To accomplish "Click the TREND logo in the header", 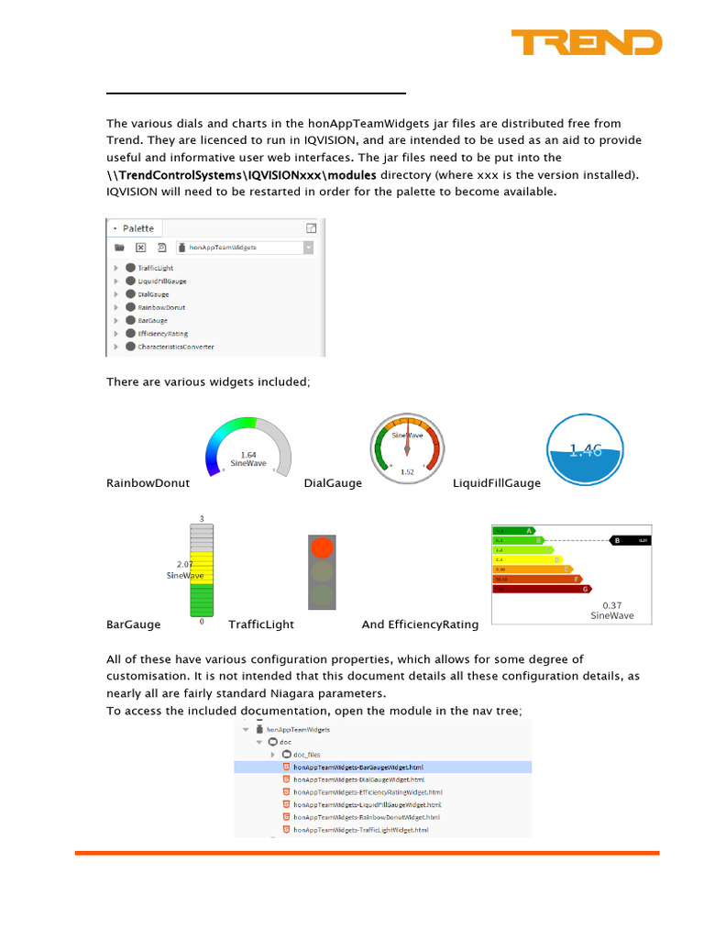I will coord(586,42).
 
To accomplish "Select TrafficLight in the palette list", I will coord(155,268).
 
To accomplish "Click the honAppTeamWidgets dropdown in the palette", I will coord(247,248).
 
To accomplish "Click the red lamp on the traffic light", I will coord(322,548).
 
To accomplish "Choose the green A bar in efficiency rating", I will coord(513,530).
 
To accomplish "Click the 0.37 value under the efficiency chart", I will coord(611,605).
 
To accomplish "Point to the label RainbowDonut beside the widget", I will coord(148,483).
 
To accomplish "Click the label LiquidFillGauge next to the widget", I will coord(497,483).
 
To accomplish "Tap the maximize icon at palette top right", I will coord(312,228).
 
